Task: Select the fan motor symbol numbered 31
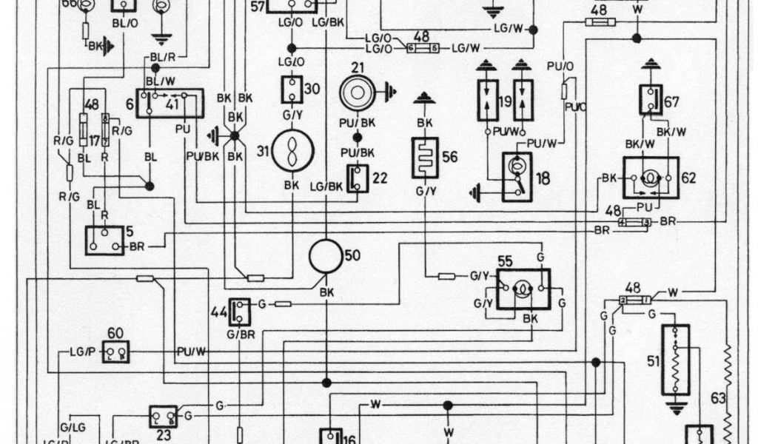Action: tap(292, 151)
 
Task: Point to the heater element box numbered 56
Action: tap(425, 157)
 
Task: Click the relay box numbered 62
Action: tap(650, 178)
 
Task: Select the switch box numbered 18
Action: tap(517, 176)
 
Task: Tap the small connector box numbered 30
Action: tap(292, 90)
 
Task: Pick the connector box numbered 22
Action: tap(358, 178)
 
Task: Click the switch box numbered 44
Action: tap(239, 310)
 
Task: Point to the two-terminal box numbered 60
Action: tap(115, 351)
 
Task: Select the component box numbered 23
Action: tap(163, 416)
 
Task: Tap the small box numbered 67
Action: tap(650, 100)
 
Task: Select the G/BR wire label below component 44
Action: tap(239, 334)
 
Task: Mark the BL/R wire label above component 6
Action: tap(161, 56)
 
